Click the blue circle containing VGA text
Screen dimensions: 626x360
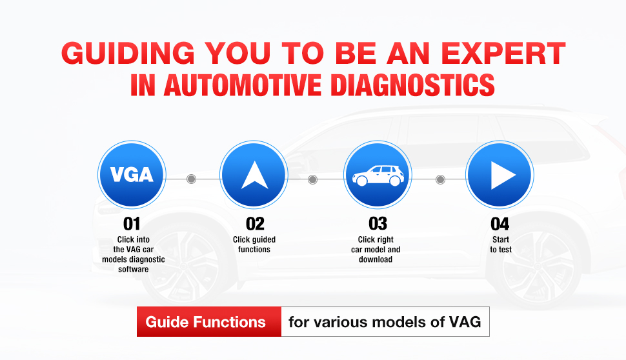pyautogui.click(x=132, y=175)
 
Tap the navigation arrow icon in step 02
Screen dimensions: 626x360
pyautogui.click(x=254, y=175)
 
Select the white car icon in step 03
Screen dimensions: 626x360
pyautogui.click(x=378, y=175)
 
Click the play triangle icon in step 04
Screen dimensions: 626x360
pyautogui.click(x=503, y=175)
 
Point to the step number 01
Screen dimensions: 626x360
pyautogui.click(x=132, y=224)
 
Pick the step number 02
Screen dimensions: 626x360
pyautogui.click(x=255, y=224)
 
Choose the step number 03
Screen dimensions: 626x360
pyautogui.click(x=378, y=224)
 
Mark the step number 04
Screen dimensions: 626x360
pyautogui.click(x=500, y=224)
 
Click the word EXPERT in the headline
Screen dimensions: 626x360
pyautogui.click(x=503, y=53)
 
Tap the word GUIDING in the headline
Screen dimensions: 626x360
pyautogui.click(x=128, y=53)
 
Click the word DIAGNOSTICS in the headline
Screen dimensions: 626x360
pyautogui.click(x=413, y=85)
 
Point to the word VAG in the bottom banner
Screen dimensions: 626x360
pyautogui.click(x=465, y=322)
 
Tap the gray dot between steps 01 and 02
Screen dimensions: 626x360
pyautogui.click(x=191, y=179)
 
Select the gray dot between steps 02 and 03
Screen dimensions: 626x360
pyautogui.click(x=312, y=179)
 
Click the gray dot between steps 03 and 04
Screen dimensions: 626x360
pyautogui.click(x=440, y=179)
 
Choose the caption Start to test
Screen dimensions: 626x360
pyautogui.click(x=501, y=245)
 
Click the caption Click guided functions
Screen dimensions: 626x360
pyautogui.click(x=254, y=245)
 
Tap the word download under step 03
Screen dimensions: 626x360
pyautogui.click(x=376, y=259)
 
